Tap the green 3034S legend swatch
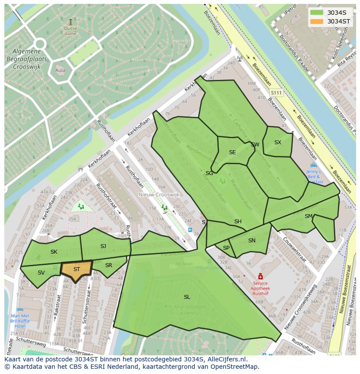(x=317, y=13)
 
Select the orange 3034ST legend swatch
(x=317, y=21)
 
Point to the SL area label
(x=187, y=297)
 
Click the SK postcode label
(x=54, y=252)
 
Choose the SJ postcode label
(x=103, y=246)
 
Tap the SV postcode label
(x=41, y=273)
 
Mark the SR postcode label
(x=109, y=265)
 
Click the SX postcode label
(x=278, y=142)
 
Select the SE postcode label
(x=232, y=152)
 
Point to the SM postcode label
(x=309, y=216)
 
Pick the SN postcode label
(x=252, y=241)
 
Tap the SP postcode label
(x=226, y=248)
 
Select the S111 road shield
(x=276, y=93)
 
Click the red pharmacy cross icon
(x=260, y=276)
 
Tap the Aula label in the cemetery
(x=60, y=70)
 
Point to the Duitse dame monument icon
(x=70, y=21)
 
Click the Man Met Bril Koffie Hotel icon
(x=20, y=310)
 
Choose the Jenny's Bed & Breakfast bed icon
(x=313, y=165)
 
